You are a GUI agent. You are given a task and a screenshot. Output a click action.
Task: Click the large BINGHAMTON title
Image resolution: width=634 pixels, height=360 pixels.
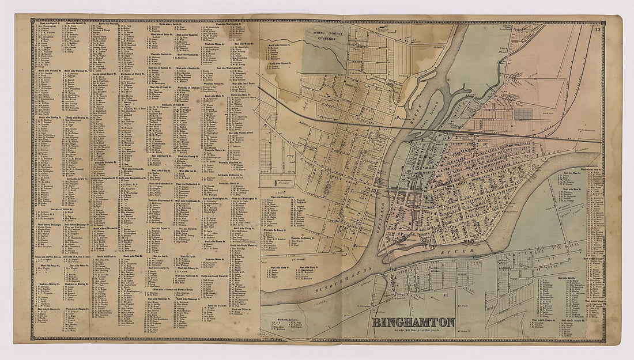(x=413, y=322)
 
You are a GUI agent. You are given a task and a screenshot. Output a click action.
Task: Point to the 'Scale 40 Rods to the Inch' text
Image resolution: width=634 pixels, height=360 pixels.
(x=413, y=331)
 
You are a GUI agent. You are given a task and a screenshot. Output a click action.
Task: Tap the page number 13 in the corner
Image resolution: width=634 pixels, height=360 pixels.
(x=598, y=29)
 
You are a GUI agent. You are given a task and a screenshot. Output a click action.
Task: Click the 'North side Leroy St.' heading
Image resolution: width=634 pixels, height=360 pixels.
(x=286, y=319)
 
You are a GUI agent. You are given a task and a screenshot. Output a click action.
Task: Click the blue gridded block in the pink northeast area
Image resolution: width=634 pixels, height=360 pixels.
(x=523, y=113)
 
